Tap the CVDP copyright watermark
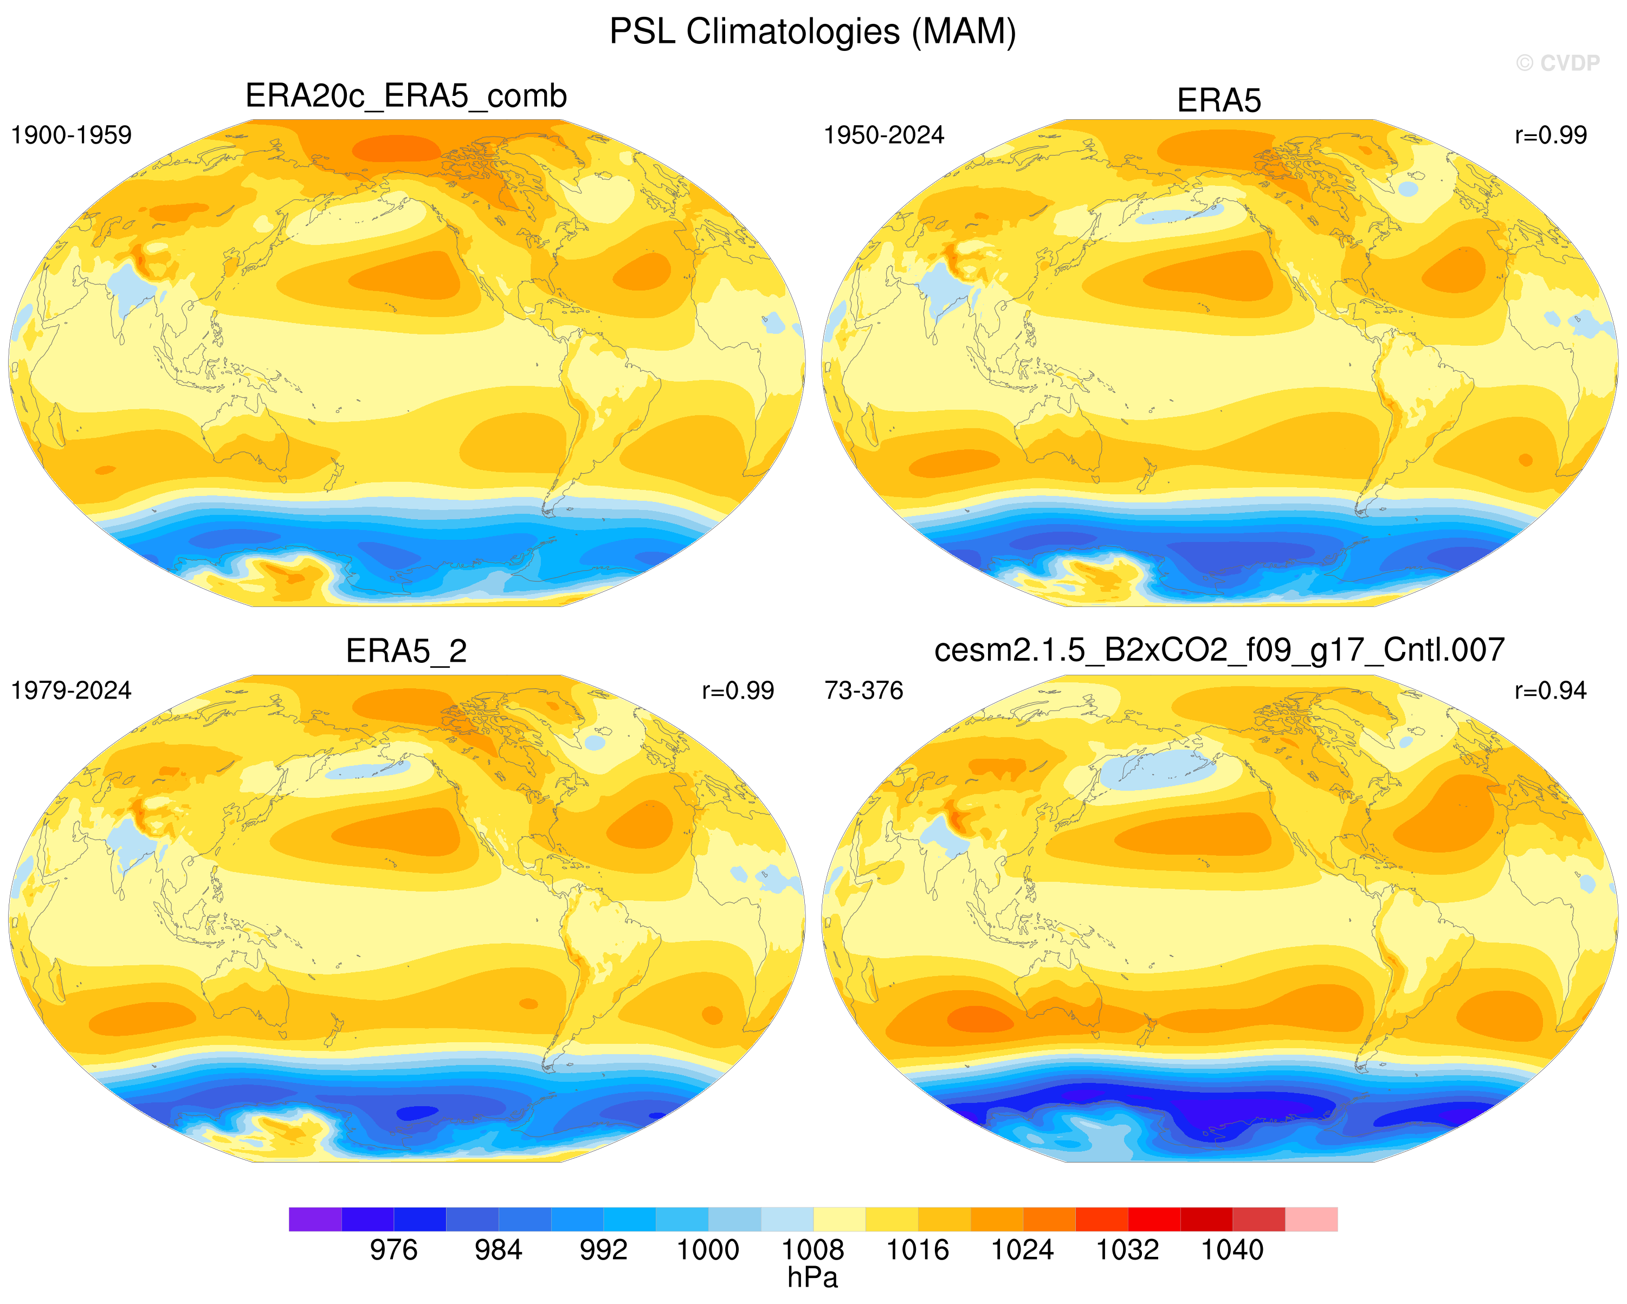point(1558,63)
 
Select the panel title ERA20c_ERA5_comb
point(406,96)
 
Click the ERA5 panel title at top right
point(1219,100)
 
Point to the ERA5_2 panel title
point(406,650)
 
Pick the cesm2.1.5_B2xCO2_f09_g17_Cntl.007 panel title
point(1219,650)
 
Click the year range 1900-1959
point(71,135)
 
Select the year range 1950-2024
point(883,135)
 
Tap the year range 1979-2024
point(71,690)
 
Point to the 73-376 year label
point(863,690)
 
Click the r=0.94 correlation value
point(1551,690)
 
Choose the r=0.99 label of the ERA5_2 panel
point(738,690)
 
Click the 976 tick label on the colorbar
point(393,1250)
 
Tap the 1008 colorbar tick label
point(813,1250)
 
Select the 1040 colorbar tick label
point(1232,1250)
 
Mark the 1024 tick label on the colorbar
point(1023,1250)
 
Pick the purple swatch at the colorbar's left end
point(315,1219)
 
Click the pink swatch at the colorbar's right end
point(1312,1219)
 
